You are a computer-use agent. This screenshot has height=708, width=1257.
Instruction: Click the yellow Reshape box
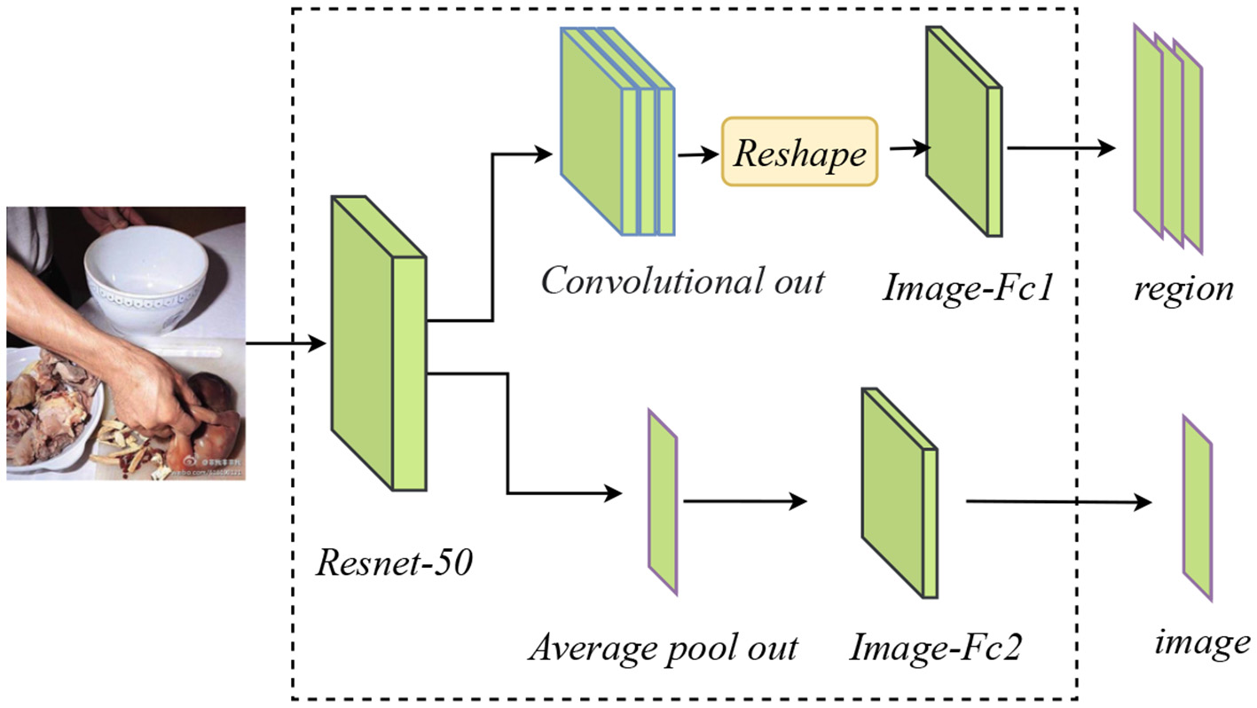[799, 152]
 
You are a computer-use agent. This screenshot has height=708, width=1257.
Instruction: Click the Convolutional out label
[682, 281]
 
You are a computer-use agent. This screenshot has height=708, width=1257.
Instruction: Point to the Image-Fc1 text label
[966, 287]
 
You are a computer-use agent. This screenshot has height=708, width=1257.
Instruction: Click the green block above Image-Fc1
[963, 131]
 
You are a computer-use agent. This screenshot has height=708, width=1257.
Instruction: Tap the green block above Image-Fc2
[899, 493]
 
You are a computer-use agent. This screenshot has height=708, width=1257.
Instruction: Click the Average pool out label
[663, 648]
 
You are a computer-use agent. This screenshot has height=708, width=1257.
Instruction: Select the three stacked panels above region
[1167, 138]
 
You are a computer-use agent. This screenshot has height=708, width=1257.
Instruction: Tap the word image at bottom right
[1202, 641]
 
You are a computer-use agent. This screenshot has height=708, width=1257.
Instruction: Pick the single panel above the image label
[1197, 508]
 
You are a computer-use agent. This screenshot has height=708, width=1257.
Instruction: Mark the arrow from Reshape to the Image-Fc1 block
[903, 149]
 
